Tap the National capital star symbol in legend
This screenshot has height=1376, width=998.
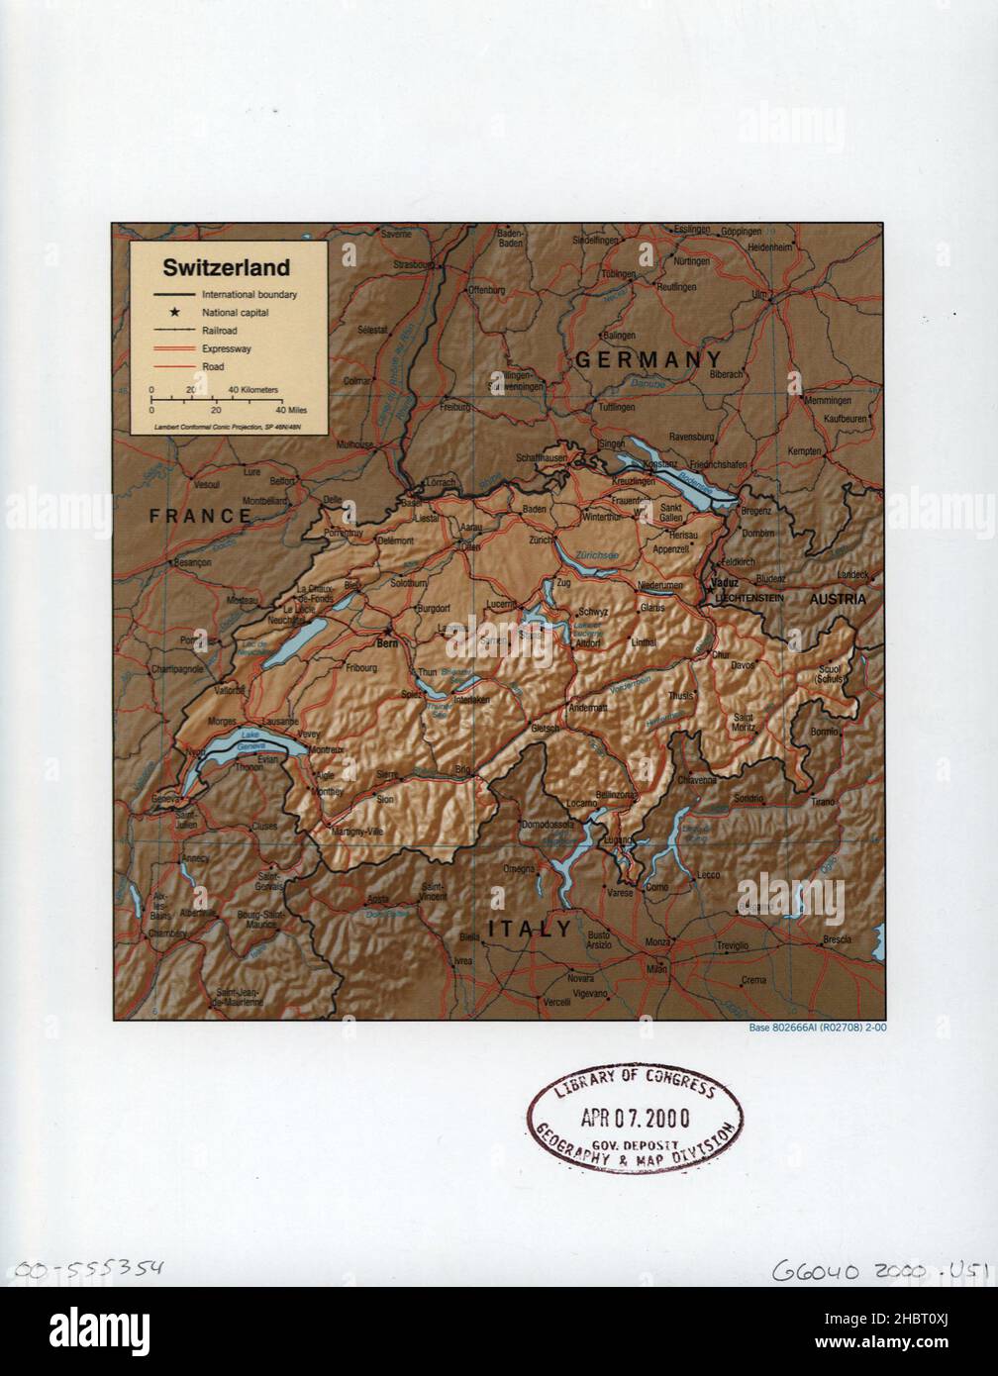[159, 313]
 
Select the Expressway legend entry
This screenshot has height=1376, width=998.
[227, 348]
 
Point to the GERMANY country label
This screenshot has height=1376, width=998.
[648, 359]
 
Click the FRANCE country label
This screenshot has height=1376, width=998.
[200, 515]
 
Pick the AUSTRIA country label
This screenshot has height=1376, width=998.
[838, 599]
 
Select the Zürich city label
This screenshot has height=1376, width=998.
[540, 541]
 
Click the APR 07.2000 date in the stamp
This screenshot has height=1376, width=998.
[636, 1118]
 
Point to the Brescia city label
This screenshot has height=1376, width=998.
[837, 937]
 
